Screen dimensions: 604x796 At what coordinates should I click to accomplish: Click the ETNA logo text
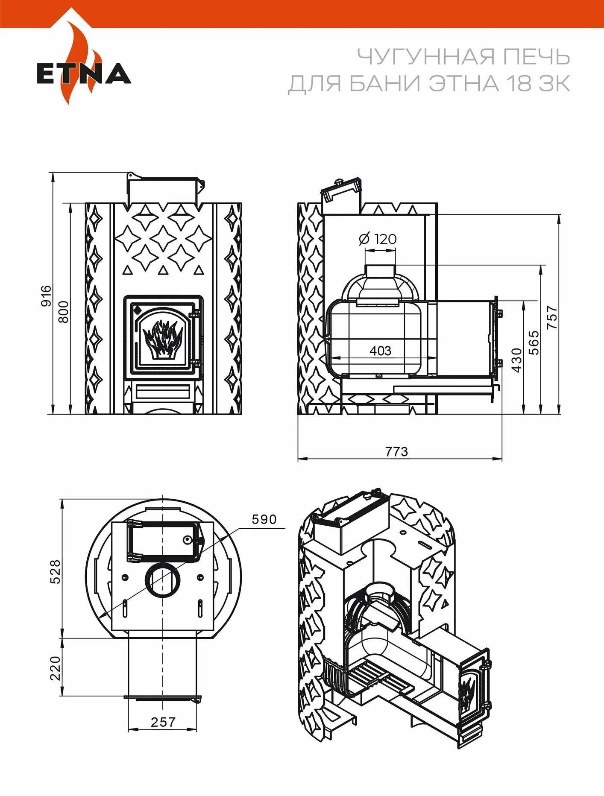(84, 73)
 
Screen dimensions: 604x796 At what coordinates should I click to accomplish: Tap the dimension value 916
(46, 296)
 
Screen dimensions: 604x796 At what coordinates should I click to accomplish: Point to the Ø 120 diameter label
(378, 239)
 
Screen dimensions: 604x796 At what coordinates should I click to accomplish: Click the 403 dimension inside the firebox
(380, 351)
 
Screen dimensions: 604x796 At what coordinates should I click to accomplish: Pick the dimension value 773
(396, 451)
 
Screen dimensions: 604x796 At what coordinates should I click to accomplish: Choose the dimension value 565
(534, 342)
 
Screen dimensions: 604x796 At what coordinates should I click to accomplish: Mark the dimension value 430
(516, 360)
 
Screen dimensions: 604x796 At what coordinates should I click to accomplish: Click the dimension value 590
(264, 519)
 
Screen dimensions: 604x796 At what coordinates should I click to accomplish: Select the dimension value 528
(56, 571)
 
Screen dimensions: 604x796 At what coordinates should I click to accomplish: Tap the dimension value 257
(163, 722)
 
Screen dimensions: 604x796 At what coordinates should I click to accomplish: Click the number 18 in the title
(517, 83)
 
